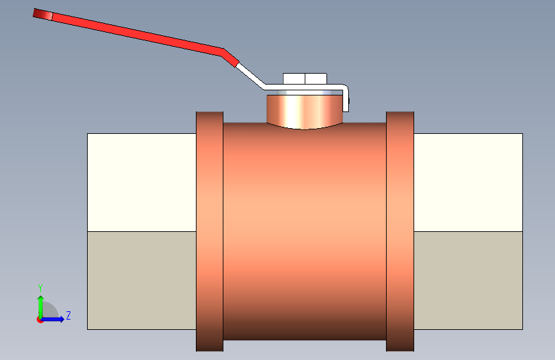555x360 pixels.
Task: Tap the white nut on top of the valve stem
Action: [305, 79]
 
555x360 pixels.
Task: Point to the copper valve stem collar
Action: [305, 110]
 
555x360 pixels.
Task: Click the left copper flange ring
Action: [209, 231]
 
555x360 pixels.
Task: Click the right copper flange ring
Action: [400, 231]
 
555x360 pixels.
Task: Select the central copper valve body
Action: [305, 231]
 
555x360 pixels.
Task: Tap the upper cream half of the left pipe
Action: [141, 182]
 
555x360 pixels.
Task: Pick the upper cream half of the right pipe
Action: [468, 182]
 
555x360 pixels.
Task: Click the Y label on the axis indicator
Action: [40, 288]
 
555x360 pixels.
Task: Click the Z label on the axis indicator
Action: [68, 316]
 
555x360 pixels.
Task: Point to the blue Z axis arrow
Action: [55, 319]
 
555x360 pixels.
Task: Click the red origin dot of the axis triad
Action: [40, 320]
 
